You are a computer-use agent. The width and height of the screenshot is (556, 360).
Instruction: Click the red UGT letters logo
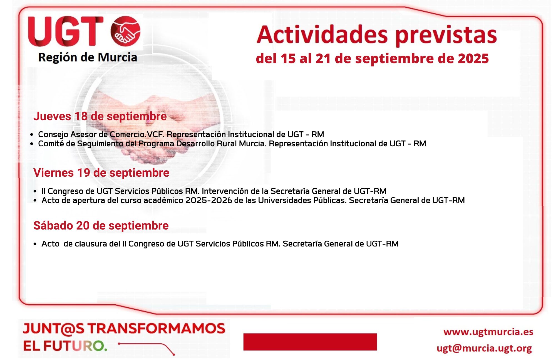66,31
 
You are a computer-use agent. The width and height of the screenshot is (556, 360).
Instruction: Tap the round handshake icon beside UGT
125,31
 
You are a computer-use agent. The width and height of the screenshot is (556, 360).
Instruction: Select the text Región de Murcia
88,57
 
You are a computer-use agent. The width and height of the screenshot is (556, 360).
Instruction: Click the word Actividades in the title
322,35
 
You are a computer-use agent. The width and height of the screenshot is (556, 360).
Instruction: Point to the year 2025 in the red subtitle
473,58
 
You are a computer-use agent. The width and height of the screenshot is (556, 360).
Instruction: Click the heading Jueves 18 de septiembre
100,116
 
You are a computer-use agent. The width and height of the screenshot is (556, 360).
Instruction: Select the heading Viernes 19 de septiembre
101,173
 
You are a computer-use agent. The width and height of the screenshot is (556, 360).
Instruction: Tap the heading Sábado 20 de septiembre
101,226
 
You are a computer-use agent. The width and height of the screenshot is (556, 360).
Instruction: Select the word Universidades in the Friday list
284,200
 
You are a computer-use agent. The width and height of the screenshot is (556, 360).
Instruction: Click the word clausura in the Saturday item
91,244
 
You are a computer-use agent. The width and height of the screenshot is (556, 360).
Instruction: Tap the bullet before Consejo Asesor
32,135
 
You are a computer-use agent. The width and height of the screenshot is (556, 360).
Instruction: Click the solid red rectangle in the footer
310,342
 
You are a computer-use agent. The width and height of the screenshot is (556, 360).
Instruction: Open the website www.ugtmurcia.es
488,332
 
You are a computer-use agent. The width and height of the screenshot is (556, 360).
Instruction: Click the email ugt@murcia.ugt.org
484,348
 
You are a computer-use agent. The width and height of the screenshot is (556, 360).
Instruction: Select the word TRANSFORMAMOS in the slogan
157,329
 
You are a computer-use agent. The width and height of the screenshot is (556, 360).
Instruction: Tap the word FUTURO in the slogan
75,346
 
